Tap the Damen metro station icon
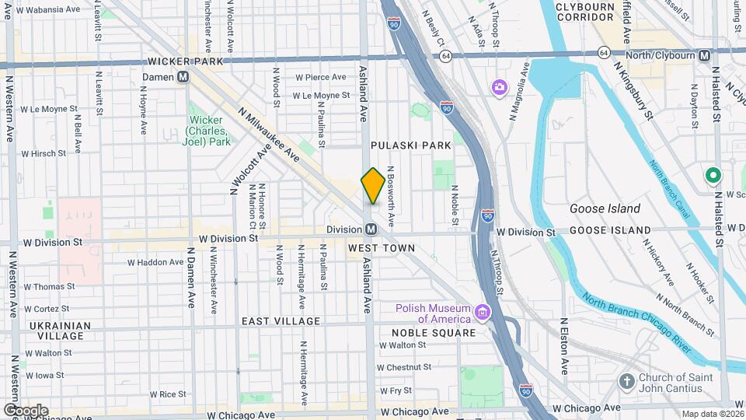(183, 77)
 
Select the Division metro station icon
(371, 229)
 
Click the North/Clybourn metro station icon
(705, 56)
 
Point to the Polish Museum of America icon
(483, 313)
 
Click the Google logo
(26, 410)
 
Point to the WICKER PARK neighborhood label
(185, 61)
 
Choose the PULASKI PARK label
(400, 145)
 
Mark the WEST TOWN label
(381, 247)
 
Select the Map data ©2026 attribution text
(712, 414)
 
